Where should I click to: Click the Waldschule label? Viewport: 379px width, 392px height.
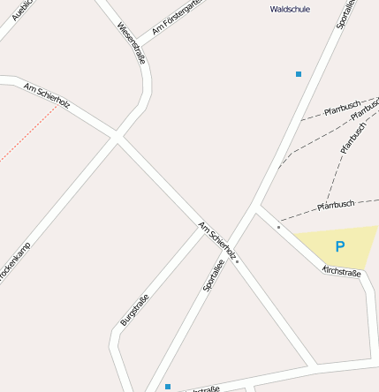pos(290,9)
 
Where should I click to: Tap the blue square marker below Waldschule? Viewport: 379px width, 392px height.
pos(299,74)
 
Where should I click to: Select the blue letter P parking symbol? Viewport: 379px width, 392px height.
pos(339,246)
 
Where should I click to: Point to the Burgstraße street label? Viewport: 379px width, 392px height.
pos(134,309)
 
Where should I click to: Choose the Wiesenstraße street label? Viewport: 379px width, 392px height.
pos(131,42)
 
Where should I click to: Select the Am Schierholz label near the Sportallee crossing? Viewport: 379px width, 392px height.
pos(217,240)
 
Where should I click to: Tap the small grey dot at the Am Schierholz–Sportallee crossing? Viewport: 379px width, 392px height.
pos(238,261)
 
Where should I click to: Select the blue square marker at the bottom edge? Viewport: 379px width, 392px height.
pos(168,386)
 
